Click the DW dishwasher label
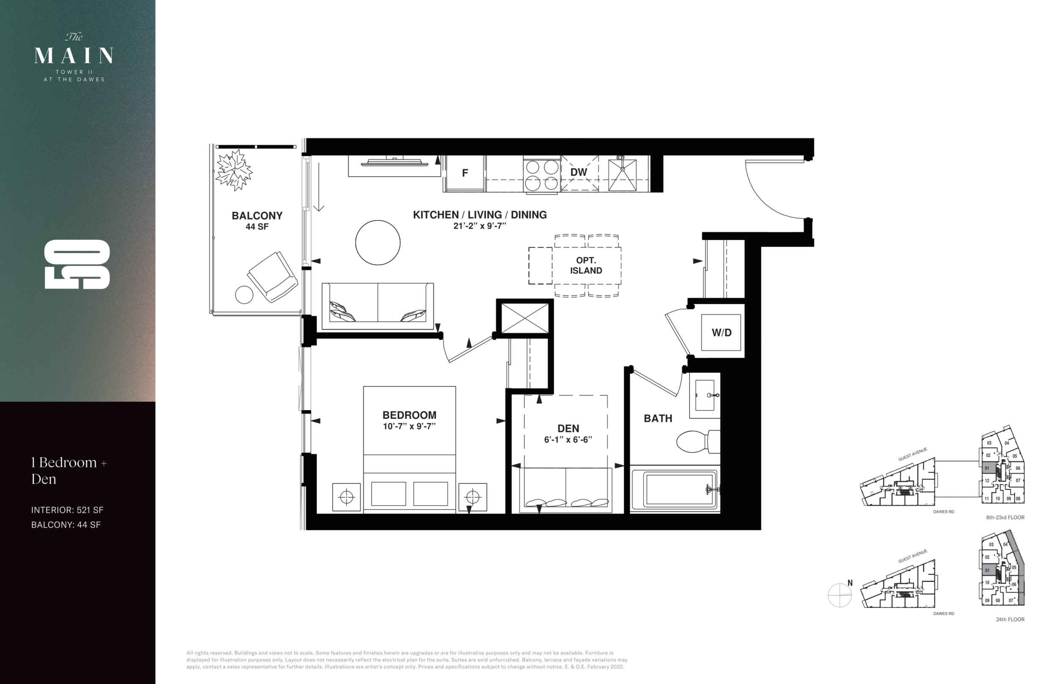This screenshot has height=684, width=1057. click(578, 172)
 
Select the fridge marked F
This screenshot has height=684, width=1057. click(465, 173)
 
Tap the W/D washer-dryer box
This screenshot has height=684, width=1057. click(721, 332)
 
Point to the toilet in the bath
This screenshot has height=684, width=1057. click(698, 441)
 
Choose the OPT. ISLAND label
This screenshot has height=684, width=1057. click(586, 265)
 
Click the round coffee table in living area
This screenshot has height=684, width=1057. click(378, 243)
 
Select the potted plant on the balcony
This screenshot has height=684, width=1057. click(234, 170)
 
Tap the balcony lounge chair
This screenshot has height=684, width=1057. click(272, 277)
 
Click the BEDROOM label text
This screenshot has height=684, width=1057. click(409, 415)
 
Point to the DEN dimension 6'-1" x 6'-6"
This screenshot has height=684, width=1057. click(568, 439)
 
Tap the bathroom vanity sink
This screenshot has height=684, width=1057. click(705, 395)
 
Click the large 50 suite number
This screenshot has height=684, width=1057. click(77, 264)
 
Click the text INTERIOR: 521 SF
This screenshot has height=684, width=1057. click(67, 510)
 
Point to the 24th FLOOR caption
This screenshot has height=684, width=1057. click(1010, 619)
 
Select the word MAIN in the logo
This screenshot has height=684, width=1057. click(74, 55)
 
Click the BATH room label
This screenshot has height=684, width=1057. click(658, 419)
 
